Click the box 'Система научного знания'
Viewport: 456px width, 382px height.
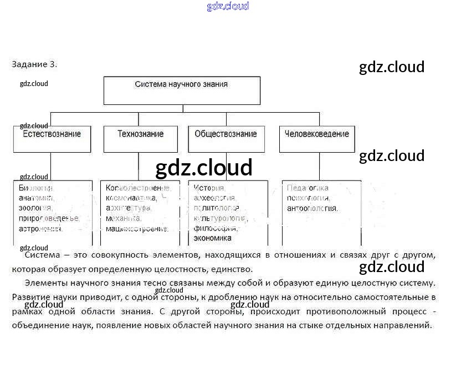[x=182, y=90]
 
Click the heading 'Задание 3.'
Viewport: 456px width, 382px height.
[x=34, y=64]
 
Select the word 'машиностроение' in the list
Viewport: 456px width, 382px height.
[x=137, y=228]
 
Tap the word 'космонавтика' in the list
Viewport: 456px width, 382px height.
[x=131, y=198]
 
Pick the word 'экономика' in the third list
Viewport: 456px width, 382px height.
[x=213, y=238]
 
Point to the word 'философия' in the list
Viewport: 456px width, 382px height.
[x=216, y=228]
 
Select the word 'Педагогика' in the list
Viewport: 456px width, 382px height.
[x=308, y=188]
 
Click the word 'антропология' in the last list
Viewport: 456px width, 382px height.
[x=312, y=208]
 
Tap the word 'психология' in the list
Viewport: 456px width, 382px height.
[x=308, y=198]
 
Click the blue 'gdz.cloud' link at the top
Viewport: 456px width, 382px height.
[x=228, y=6]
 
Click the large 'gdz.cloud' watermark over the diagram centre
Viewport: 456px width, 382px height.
[x=204, y=167]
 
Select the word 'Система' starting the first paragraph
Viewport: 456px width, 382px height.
[x=39, y=255]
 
